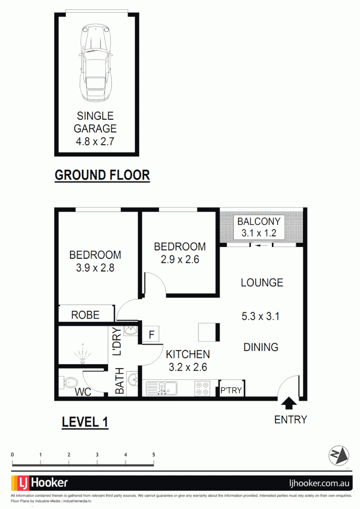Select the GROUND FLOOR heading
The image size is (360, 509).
click(x=102, y=175)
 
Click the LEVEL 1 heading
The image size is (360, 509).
click(x=85, y=422)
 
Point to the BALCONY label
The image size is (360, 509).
click(x=259, y=222)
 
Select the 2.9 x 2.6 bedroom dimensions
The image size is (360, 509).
click(x=180, y=259)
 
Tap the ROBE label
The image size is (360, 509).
click(x=85, y=315)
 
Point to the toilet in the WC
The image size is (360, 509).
click(x=67, y=382)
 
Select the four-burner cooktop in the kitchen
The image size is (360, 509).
click(x=203, y=389)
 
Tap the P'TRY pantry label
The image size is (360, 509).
click(x=231, y=390)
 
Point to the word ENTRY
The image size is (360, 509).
click(x=290, y=419)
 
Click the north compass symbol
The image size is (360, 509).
click(x=338, y=455)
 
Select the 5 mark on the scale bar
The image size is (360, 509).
click(x=154, y=455)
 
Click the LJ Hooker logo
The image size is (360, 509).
click(x=40, y=483)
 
